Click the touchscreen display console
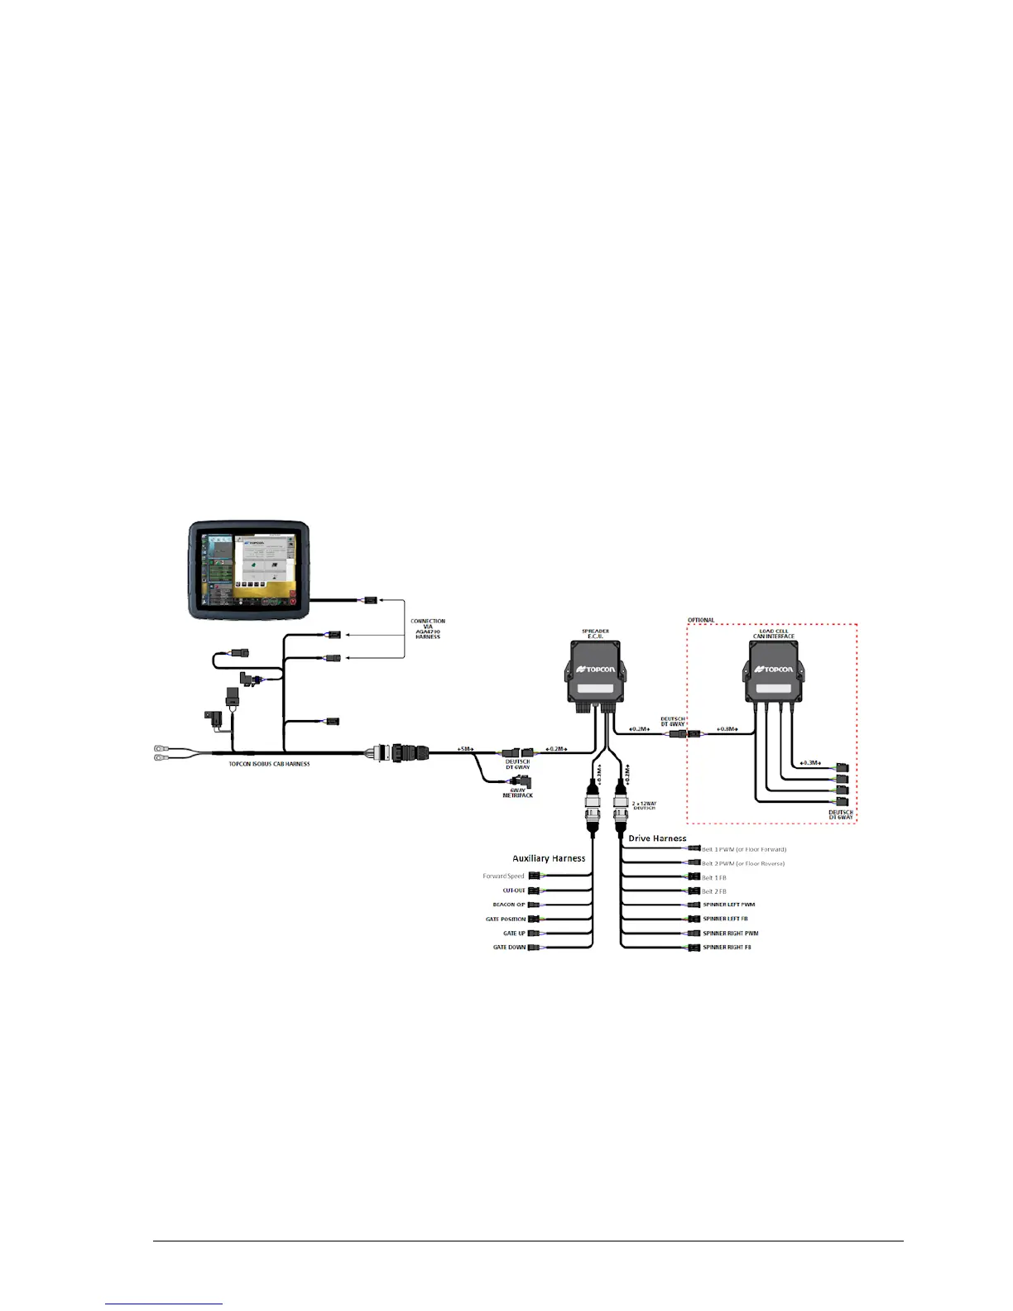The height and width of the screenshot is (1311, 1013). (249, 569)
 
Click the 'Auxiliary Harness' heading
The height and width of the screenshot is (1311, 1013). (549, 858)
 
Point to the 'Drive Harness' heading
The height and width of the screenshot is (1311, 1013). (657, 838)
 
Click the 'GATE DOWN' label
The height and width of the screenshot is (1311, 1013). (509, 947)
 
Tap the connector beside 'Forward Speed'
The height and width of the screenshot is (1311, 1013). (535, 876)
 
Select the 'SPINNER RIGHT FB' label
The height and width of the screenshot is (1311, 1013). (727, 947)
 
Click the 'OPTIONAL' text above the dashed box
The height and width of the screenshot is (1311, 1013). (701, 620)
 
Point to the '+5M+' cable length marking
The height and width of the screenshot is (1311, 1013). (465, 749)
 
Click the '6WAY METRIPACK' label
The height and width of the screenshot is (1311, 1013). (518, 793)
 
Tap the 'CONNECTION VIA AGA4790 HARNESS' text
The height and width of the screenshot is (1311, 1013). (428, 628)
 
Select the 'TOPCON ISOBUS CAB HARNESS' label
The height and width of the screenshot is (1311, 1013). (269, 764)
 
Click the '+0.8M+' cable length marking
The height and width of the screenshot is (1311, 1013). (727, 729)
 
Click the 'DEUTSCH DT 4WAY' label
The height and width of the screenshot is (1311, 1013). (672, 722)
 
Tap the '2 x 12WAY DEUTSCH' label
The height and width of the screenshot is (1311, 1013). (645, 805)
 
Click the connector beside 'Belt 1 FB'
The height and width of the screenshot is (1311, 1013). (694, 877)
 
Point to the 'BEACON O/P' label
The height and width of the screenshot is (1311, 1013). (508, 905)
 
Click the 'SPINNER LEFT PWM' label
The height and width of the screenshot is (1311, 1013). (728, 905)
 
